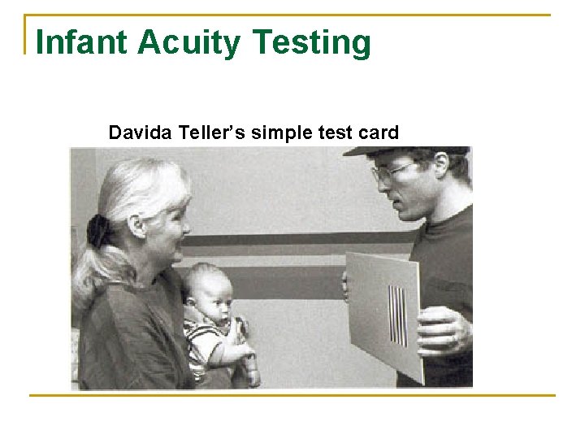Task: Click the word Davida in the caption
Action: [x=136, y=132]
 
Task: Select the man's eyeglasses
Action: [x=391, y=172]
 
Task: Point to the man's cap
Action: [x=406, y=151]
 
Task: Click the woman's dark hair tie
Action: [x=100, y=231]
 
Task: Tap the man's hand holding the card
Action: [x=443, y=330]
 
